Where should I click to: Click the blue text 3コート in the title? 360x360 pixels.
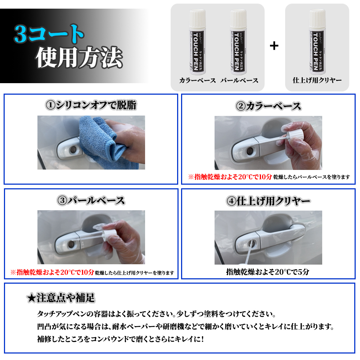pos(49,34)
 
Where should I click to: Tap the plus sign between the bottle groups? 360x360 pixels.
pos(274,46)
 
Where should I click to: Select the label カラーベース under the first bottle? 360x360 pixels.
pos(197,80)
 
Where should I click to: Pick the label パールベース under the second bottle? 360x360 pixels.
pos(239,80)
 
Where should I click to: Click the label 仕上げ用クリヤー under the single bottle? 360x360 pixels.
pos(317,80)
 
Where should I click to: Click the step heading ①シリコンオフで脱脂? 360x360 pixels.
pos(91,105)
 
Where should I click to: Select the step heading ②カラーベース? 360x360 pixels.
pos(268,106)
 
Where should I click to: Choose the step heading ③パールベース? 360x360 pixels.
pos(91,200)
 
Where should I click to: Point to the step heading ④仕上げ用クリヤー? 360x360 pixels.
pos(268,201)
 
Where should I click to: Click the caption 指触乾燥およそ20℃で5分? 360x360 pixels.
pos(268,272)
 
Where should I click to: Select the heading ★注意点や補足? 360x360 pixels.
pos(61,298)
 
